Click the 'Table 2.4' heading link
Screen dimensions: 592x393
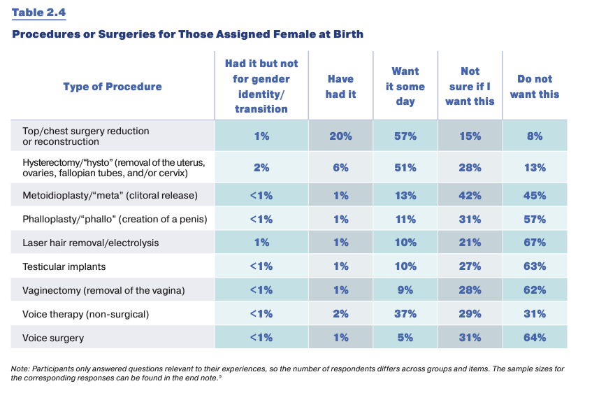point(39,13)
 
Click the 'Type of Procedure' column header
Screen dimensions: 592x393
point(113,87)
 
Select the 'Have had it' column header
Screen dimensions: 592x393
point(340,87)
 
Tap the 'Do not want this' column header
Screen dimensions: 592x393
point(535,87)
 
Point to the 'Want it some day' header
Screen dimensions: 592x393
point(405,86)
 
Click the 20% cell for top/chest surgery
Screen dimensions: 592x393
point(340,136)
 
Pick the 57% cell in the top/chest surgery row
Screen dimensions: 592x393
point(405,136)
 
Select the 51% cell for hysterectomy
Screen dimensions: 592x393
point(405,167)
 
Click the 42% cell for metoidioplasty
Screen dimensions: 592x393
point(470,195)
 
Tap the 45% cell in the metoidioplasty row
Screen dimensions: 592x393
point(535,195)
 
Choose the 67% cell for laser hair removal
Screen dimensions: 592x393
point(535,242)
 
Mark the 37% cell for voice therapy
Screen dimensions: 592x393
point(405,314)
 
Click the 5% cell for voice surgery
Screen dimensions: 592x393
point(405,338)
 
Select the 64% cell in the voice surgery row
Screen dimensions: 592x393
point(535,338)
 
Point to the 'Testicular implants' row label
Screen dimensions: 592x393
point(64,266)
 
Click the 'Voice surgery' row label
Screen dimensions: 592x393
point(53,338)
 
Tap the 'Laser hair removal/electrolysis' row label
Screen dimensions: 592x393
point(91,243)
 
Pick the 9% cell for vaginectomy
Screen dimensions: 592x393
point(405,290)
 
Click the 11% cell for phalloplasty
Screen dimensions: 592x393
point(405,219)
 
